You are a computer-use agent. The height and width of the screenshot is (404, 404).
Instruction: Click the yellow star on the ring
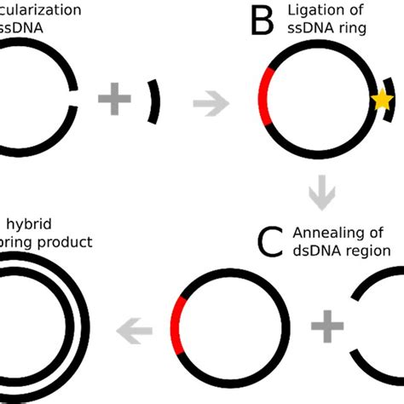click(x=382, y=101)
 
